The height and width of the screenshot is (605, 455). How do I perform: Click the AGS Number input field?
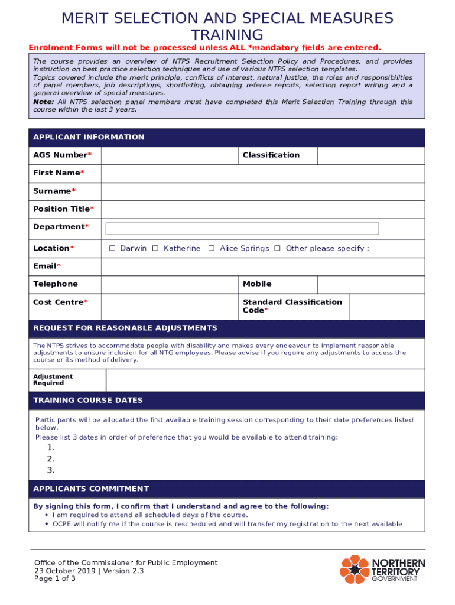pos(170,155)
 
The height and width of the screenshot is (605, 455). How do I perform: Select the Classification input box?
pos(370,155)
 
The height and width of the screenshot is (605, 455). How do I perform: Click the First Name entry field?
pos(263,174)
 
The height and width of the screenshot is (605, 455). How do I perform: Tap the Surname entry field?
pos(263,191)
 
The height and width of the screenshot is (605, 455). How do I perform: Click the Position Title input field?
pos(263,209)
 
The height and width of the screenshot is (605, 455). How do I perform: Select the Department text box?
pos(242,228)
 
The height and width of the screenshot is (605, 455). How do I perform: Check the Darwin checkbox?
pos(112,249)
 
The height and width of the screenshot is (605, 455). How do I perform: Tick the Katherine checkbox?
pos(155,249)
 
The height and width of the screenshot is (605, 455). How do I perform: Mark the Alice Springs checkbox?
pos(211,249)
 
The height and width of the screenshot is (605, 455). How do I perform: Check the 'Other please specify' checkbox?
pos(277,249)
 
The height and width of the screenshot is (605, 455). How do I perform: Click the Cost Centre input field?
pos(170,307)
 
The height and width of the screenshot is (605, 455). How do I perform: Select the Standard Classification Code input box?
pos(387,307)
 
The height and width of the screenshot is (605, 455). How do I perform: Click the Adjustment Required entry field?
pos(265,380)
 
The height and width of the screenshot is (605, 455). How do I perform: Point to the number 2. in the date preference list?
pos(51,459)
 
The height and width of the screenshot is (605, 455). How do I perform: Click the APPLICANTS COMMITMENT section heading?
pos(91,489)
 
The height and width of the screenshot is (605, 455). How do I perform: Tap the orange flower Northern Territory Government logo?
pos(353,570)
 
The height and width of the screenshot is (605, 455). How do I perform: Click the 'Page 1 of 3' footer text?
pos(55,579)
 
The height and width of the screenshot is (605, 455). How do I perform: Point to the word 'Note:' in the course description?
pos(44,102)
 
